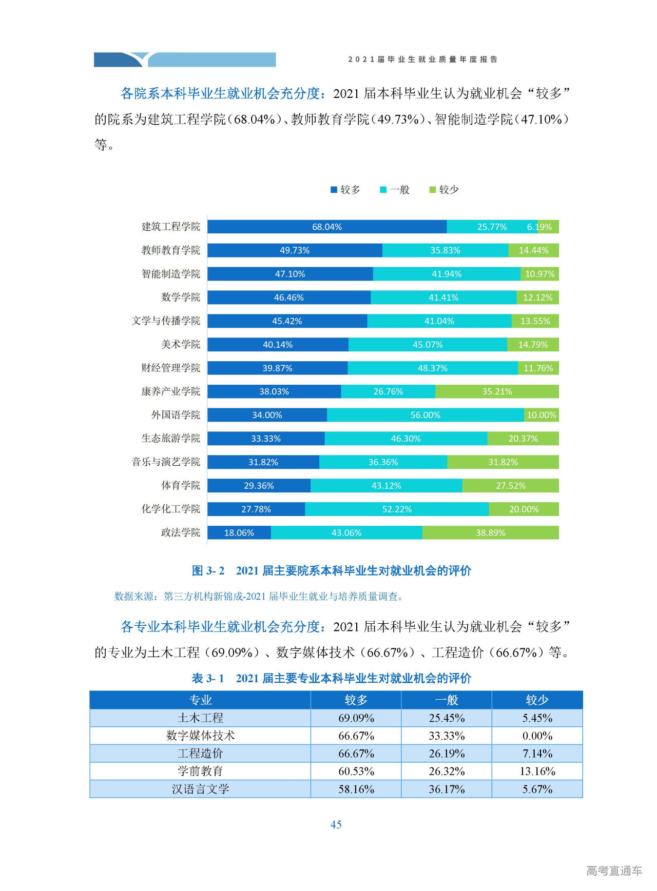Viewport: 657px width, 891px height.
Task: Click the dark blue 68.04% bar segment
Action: pyautogui.click(x=326, y=227)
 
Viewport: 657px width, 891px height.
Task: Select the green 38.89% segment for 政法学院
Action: pyautogui.click(x=490, y=532)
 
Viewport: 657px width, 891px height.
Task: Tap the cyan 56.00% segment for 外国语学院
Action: pyautogui.click(x=425, y=415)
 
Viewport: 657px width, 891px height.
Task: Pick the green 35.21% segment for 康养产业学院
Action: pyautogui.click(x=496, y=391)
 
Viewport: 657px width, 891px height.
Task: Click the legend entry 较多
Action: pyautogui.click(x=345, y=190)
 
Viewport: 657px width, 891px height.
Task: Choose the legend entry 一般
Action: pyautogui.click(x=395, y=190)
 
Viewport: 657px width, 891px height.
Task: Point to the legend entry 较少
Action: pyautogui.click(x=444, y=190)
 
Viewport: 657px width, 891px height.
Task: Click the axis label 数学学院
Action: pyautogui.click(x=181, y=298)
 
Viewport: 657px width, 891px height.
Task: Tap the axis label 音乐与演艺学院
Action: pyautogui.click(x=166, y=462)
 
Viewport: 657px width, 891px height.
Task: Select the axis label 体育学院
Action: pyautogui.click(x=181, y=485)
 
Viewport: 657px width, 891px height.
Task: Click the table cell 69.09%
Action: pyautogui.click(x=356, y=718)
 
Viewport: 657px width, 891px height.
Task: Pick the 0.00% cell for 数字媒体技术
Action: pyautogui.click(x=537, y=736)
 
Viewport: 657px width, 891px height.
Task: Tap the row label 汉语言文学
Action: pyautogui.click(x=200, y=789)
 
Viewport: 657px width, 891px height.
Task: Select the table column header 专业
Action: pyautogui.click(x=200, y=700)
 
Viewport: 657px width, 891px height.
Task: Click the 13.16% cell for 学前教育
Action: pyautogui.click(x=537, y=771)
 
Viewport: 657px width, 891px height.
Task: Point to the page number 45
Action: pyautogui.click(x=336, y=824)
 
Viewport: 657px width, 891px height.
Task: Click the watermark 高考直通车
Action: pyautogui.click(x=614, y=870)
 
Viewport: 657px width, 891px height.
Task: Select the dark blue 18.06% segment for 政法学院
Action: pyautogui.click(x=239, y=532)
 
